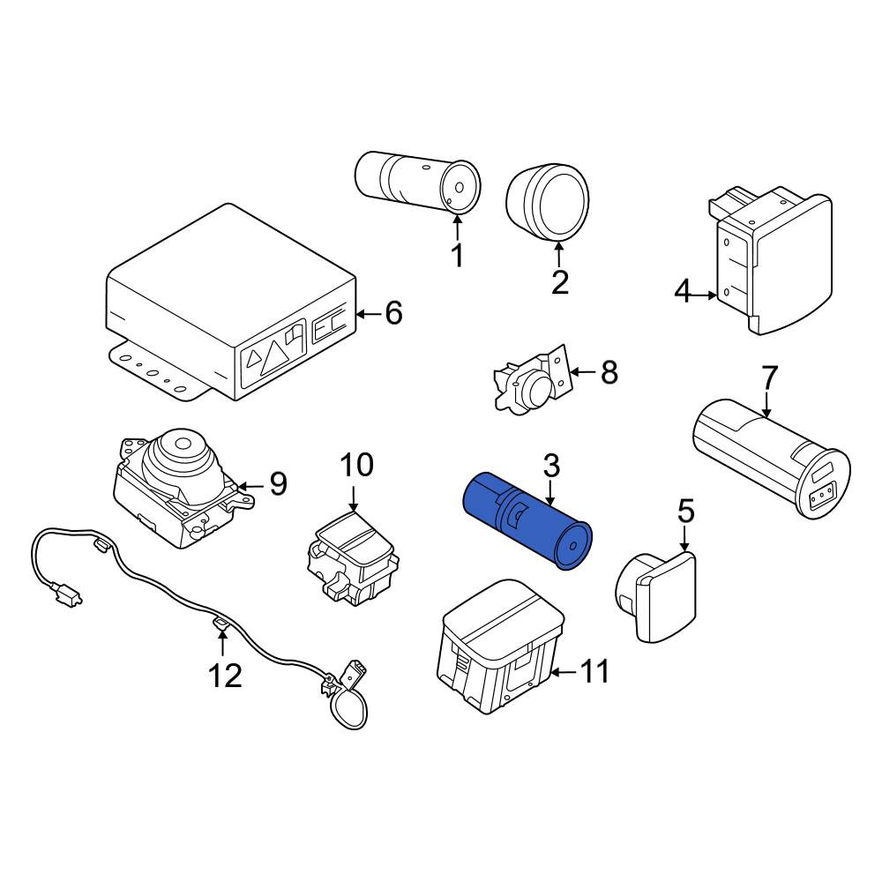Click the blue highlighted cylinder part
(527, 520)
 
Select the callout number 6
(393, 313)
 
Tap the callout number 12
(226, 676)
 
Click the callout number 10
(356, 465)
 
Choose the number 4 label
(683, 293)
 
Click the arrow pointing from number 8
(583, 372)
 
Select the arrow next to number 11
(564, 671)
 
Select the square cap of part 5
(667, 597)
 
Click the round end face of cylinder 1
(460, 188)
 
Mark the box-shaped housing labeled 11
(500, 647)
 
